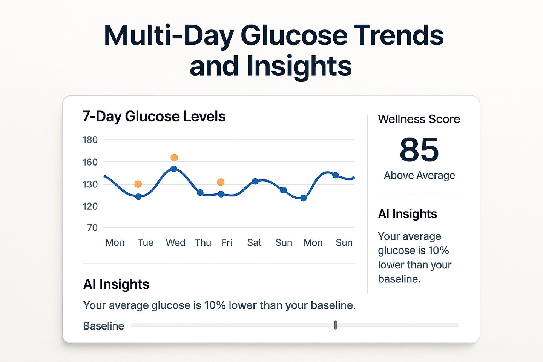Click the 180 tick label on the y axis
90,140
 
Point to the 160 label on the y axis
90,162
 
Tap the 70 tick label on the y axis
92,228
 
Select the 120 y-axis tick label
90,206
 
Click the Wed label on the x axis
175,242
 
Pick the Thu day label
203,242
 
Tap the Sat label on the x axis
254,242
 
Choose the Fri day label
227,242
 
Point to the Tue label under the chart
146,242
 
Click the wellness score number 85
419,149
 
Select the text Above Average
419,175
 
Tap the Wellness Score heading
419,119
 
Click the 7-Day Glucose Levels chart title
154,117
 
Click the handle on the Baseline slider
336,325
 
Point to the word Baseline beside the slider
103,326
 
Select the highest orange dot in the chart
174,158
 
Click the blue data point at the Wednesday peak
173,169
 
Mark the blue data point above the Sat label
255,181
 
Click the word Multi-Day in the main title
169,36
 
